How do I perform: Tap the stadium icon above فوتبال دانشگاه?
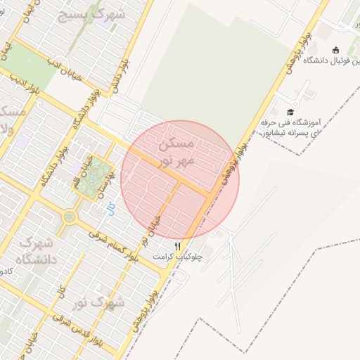335,49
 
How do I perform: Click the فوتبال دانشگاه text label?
330,61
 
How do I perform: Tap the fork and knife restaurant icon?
178,246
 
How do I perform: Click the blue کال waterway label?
110,209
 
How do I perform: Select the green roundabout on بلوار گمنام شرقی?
69,217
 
